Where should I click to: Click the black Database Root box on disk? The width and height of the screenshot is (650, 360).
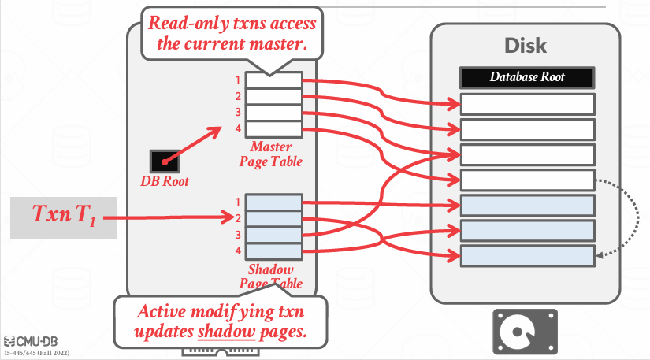pyautogui.click(x=527, y=77)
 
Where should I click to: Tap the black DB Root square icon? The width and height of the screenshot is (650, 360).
pyautogui.click(x=166, y=161)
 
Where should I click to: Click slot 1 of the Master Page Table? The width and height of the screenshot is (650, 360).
pyautogui.click(x=273, y=80)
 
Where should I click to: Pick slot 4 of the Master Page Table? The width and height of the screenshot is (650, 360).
pyautogui.click(x=273, y=128)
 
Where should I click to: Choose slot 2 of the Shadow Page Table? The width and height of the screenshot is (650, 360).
pyautogui.click(x=273, y=218)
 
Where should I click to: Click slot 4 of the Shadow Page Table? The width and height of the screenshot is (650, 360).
pyautogui.click(x=273, y=251)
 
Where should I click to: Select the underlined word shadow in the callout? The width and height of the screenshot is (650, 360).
pyautogui.click(x=221, y=332)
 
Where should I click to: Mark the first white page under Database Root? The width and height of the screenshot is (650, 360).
pyautogui.click(x=527, y=104)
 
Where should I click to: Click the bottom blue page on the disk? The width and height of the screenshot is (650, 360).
pyautogui.click(x=527, y=256)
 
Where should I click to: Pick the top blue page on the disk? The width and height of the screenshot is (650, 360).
pyautogui.click(x=527, y=206)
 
